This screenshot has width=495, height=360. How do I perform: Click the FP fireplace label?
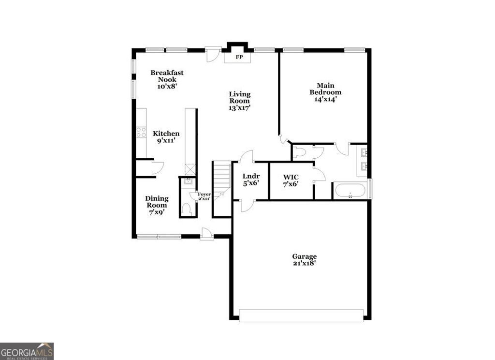point(239,57)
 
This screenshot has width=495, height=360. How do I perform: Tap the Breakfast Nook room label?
point(167,79)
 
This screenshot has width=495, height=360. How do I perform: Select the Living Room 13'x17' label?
point(240,101)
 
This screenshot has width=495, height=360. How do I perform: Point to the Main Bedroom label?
point(325,92)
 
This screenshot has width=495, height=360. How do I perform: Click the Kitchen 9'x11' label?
point(166,137)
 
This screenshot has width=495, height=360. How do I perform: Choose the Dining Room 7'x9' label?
point(157,205)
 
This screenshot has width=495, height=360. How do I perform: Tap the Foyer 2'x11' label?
point(204,196)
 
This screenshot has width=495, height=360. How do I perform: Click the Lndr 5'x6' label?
point(251,180)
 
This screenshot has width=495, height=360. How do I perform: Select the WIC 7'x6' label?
point(291,180)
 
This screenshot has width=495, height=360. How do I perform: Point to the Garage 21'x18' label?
point(304,260)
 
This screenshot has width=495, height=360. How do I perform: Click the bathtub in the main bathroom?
point(350,190)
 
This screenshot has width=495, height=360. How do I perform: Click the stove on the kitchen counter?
point(141,132)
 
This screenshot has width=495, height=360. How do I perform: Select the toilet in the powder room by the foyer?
point(187,209)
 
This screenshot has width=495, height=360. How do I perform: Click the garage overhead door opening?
point(301,316)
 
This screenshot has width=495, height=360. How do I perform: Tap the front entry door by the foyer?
point(207,234)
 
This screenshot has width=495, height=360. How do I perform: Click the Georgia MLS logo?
point(27,351)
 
